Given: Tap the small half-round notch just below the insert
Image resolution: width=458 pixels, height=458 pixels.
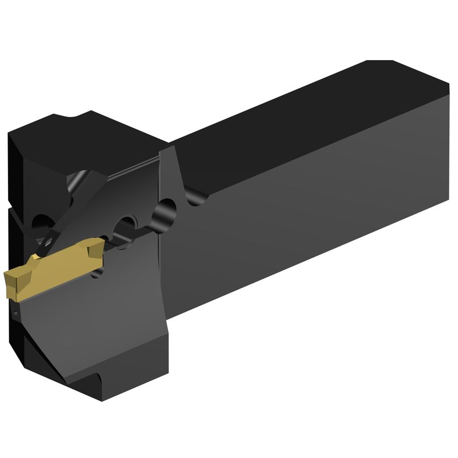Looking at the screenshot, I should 97,274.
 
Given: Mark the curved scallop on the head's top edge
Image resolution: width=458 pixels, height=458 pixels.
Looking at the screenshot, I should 70,116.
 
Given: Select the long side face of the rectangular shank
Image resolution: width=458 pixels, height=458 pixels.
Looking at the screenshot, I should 311,215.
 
